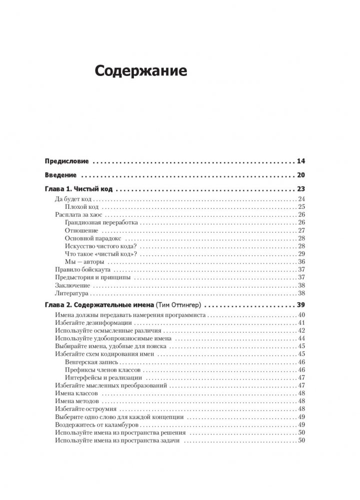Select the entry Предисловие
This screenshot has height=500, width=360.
(67, 161)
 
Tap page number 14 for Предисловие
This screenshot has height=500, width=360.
(301, 161)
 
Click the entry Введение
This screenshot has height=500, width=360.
(60, 175)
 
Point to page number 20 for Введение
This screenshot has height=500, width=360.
(301, 175)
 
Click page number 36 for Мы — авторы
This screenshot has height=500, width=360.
(301, 262)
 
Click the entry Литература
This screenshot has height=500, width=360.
(70, 294)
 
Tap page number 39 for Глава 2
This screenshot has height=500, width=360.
(301, 305)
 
